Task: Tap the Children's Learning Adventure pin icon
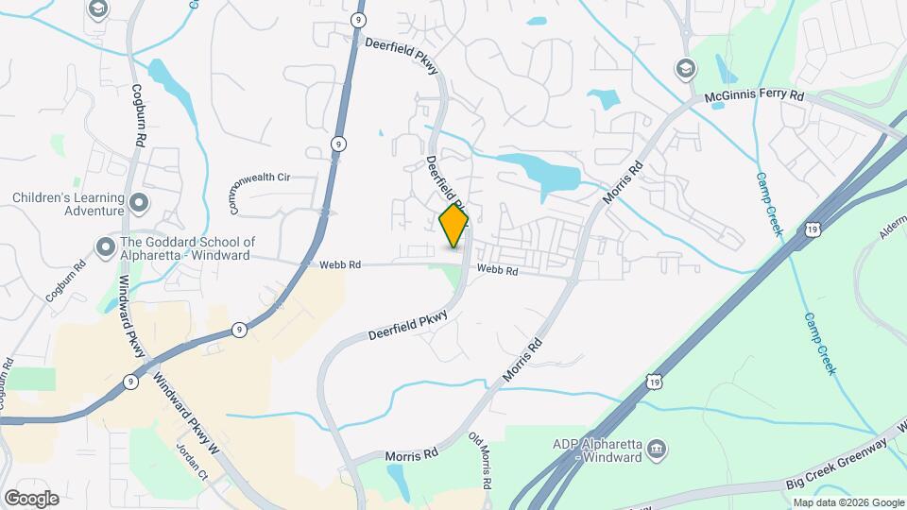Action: tap(139, 202)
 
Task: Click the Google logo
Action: tap(31, 498)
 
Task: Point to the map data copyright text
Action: tap(847, 502)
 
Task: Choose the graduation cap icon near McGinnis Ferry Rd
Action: tap(683, 68)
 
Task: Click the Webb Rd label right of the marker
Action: tap(498, 271)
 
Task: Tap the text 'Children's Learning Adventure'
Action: tap(68, 204)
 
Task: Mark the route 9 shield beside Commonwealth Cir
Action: tap(337, 144)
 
